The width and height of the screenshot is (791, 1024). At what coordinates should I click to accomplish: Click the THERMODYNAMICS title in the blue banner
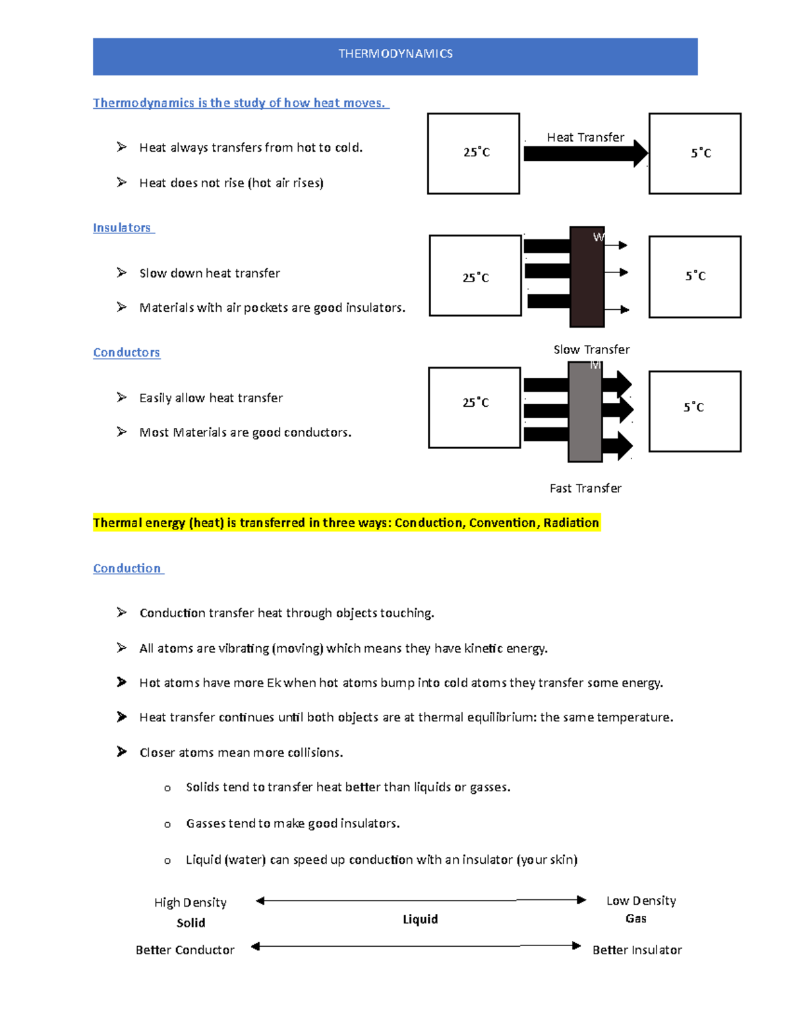point(395,54)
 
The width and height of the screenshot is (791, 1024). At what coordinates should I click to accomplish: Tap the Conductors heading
point(127,353)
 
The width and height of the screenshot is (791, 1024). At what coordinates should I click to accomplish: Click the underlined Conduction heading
point(127,568)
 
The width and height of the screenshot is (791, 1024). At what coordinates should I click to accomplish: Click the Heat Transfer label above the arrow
point(585,137)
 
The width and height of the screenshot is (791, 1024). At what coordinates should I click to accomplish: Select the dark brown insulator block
point(587,277)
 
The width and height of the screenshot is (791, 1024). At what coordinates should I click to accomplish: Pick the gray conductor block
point(585,412)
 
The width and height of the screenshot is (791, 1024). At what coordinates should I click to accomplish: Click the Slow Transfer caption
point(591,349)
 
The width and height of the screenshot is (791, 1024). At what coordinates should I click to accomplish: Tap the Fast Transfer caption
point(585,489)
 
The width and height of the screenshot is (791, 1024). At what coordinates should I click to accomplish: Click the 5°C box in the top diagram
point(695,154)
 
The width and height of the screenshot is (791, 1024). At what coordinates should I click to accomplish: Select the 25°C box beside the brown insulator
point(475,276)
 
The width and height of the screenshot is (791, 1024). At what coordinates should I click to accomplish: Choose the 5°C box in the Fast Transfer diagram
point(695,411)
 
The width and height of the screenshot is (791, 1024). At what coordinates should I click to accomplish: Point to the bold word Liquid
point(420,919)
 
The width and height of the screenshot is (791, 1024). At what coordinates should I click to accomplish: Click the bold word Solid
point(190,923)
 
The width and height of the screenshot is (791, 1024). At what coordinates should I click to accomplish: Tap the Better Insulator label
point(637,950)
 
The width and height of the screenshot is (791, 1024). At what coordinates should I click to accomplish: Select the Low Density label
point(641,901)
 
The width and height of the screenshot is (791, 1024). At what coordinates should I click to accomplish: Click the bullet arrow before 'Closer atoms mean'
point(121,752)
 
